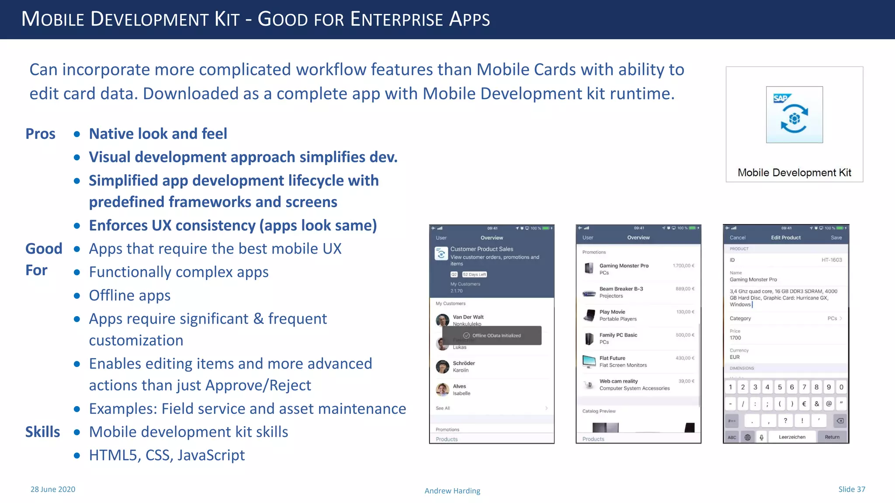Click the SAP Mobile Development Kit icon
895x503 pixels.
click(x=794, y=115)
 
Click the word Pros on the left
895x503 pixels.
click(x=40, y=134)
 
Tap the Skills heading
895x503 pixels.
click(x=42, y=432)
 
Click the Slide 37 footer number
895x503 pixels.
click(x=851, y=489)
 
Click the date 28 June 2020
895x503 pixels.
click(x=53, y=489)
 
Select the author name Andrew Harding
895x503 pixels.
click(x=452, y=491)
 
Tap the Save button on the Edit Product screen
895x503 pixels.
click(x=836, y=238)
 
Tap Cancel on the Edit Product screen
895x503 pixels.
click(x=737, y=238)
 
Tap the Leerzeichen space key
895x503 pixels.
click(x=792, y=437)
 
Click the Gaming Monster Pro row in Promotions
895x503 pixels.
click(x=638, y=269)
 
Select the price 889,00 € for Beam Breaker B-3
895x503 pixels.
click(x=684, y=289)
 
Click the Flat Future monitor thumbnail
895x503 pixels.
click(x=589, y=362)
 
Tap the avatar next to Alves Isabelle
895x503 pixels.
click(x=443, y=389)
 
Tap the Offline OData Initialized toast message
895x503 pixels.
click(x=492, y=336)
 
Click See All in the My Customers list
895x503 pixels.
click(x=443, y=408)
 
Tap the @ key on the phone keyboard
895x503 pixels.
click(x=829, y=404)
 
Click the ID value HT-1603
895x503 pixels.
click(x=831, y=260)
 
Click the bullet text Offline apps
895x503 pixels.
click(x=130, y=296)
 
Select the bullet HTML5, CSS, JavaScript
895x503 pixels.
click(x=167, y=455)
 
